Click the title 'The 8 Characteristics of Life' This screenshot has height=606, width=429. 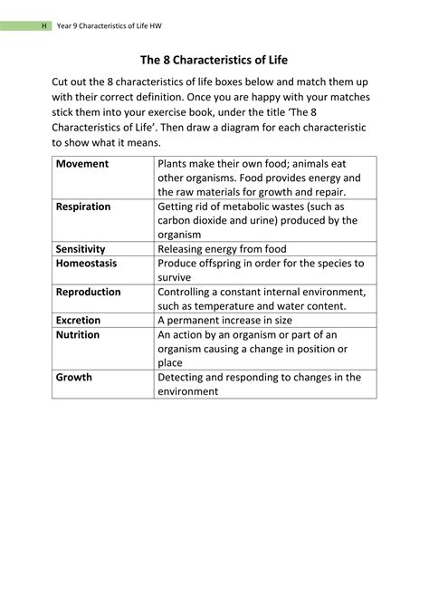click(214, 61)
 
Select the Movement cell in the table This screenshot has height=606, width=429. click(82, 164)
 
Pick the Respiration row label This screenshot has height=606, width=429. click(83, 207)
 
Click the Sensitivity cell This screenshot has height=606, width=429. click(81, 248)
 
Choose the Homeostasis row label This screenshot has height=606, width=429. click(86, 263)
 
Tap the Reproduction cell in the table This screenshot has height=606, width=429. click(88, 292)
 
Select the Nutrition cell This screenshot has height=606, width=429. click(78, 334)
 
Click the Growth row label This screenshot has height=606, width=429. click(74, 377)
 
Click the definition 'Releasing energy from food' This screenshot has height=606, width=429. click(222, 248)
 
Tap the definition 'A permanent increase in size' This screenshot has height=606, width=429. click(225, 320)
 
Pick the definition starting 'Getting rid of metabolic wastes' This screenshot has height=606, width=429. click(258, 220)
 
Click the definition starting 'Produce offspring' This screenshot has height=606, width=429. click(261, 270)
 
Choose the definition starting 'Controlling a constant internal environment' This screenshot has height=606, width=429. click(262, 299)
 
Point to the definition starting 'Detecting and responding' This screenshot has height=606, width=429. click(259, 384)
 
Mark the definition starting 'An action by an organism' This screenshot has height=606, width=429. click(253, 349)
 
